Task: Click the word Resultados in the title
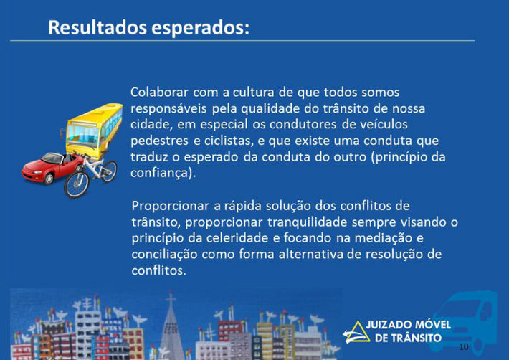(x=97, y=27)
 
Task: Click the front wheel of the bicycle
(x=76, y=184)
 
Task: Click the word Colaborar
(x=159, y=93)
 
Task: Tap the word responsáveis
(x=168, y=108)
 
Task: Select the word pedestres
(x=160, y=141)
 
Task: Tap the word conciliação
(x=164, y=255)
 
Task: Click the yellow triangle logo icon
(x=356, y=333)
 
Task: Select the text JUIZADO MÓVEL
(x=409, y=325)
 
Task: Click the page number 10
(x=464, y=347)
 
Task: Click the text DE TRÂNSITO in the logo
(x=409, y=338)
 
